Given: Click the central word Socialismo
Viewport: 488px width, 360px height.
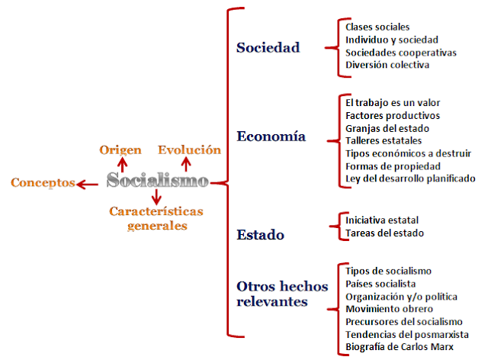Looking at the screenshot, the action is [157, 182].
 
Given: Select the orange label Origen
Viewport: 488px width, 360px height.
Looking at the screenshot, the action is [120, 149].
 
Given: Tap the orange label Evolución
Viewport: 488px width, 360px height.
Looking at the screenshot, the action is [189, 149].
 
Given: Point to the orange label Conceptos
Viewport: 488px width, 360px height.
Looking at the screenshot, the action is [42, 183].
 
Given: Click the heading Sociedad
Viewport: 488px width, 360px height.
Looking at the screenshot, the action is [268, 48].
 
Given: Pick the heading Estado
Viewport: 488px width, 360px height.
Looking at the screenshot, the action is [260, 235].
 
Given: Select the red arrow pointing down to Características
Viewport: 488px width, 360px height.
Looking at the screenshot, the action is [156, 198].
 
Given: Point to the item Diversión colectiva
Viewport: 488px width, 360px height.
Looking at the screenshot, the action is [387, 65].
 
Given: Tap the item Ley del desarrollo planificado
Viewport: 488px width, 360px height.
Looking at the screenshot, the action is [410, 178].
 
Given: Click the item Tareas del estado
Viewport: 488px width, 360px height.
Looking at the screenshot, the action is [384, 233].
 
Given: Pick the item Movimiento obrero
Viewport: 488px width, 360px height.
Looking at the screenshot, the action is [390, 309].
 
